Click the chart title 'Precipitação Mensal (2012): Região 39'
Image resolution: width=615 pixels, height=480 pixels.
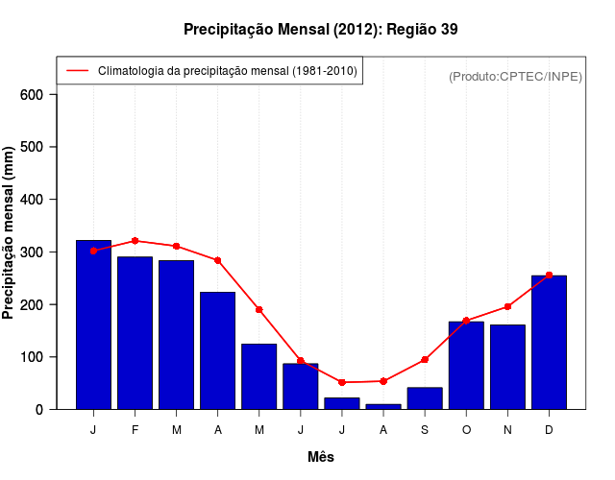coord(320,30)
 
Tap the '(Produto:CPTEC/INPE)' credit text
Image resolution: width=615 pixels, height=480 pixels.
coord(515,76)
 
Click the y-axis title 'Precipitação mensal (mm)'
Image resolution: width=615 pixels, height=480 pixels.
coord(10,233)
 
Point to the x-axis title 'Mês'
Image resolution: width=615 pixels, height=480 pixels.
coord(321,457)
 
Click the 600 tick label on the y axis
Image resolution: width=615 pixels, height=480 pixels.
coord(33,94)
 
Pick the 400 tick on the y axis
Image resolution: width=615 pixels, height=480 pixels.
coord(33,200)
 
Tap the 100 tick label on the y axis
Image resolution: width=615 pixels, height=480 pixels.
coord(33,357)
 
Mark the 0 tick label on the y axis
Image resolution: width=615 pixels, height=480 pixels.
coord(39,409)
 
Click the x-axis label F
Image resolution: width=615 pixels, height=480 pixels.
coord(135,430)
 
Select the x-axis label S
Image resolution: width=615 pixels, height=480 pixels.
coord(425,430)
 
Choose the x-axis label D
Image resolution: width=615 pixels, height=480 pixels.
coord(549,430)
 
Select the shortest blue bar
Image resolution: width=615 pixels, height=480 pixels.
coord(383,406)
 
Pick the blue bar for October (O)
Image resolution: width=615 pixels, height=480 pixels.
coord(466,366)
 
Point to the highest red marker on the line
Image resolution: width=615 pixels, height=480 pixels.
coord(135,241)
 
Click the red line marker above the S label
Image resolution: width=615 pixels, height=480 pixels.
coord(425,360)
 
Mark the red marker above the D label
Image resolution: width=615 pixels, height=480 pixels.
coord(549,276)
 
